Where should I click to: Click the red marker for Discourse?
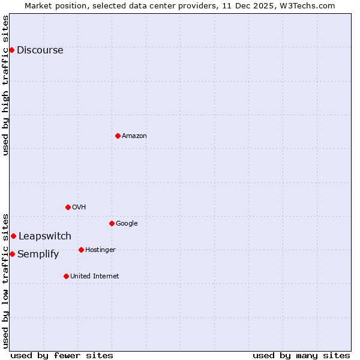click(11, 50)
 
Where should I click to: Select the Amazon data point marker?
click(118, 136)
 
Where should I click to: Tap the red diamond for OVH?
click(68, 207)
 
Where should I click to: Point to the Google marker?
click(112, 223)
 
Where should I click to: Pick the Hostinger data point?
click(81, 250)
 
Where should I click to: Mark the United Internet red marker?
click(66, 276)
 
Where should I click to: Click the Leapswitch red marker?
click(13, 236)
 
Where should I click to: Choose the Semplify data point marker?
click(12, 254)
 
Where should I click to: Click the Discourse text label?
click(40, 50)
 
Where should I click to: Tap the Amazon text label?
click(134, 136)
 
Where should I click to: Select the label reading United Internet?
click(94, 276)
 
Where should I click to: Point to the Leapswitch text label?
click(44, 236)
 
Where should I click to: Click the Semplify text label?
click(38, 254)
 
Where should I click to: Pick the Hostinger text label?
click(100, 250)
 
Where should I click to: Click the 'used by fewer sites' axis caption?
click(62, 355)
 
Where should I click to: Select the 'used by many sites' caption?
click(301, 355)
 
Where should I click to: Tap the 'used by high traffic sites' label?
click(5, 85)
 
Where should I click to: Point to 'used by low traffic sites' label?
click(5, 280)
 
